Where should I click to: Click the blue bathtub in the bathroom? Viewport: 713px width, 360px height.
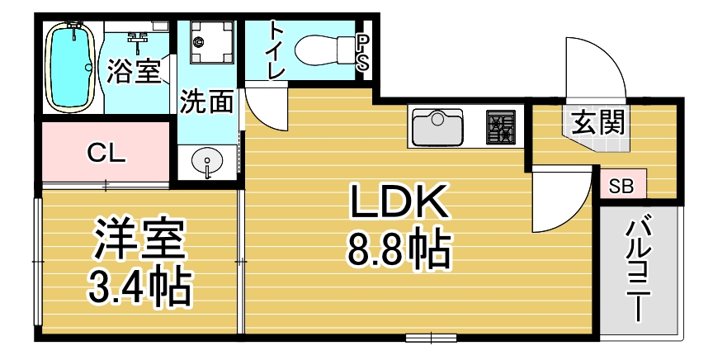[x=71, y=68]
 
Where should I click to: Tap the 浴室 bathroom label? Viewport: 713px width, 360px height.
[x=134, y=72]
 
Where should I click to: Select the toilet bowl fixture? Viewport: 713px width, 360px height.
[x=324, y=50]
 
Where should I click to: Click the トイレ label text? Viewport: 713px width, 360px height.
[x=277, y=50]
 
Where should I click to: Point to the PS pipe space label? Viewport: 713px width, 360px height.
[x=362, y=53]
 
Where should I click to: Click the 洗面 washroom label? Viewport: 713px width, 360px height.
[x=207, y=101]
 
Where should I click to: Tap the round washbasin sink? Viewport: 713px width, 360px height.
[x=207, y=162]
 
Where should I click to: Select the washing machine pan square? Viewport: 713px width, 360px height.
[x=211, y=42]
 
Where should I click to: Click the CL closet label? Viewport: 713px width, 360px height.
[x=106, y=154]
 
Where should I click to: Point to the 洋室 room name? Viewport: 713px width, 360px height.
[x=139, y=239]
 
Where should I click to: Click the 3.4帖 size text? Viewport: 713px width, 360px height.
[x=139, y=287]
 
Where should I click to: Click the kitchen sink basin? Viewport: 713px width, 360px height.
[x=437, y=126]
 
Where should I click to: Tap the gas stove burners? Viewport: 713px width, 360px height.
[x=501, y=126]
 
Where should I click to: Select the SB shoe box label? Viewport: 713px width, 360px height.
[x=621, y=186]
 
